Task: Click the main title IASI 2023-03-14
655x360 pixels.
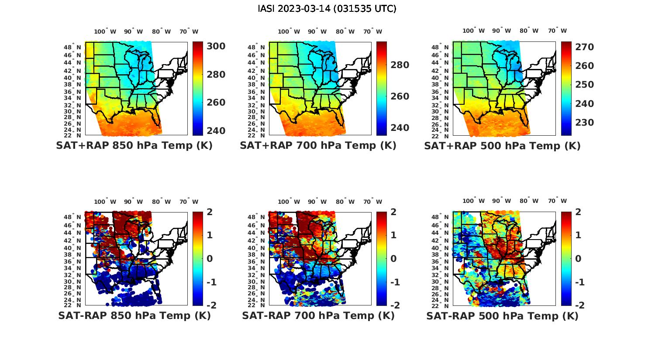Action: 327,9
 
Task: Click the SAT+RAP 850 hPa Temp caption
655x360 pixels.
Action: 134,145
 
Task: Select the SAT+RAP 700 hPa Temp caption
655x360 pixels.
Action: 318,145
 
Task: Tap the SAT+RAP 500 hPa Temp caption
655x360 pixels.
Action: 502,145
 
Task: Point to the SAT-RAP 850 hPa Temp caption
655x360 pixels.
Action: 134,315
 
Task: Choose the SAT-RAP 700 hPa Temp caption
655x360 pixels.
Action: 318,315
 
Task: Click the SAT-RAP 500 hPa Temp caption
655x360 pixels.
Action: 502,315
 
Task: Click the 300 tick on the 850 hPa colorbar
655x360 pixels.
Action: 216,46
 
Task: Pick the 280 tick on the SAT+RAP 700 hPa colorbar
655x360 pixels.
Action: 400,65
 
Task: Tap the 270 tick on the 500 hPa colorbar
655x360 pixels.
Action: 584,47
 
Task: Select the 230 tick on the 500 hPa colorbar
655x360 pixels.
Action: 584,123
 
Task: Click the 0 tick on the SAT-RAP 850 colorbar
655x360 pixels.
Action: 210,258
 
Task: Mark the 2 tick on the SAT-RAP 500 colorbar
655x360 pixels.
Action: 578,212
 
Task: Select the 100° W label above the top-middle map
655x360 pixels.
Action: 289,31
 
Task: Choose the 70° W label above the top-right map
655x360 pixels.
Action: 558,31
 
